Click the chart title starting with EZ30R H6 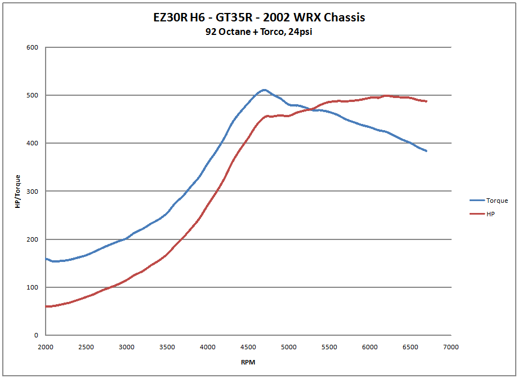click(259, 17)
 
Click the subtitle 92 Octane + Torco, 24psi click(259, 32)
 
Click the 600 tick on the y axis click(32, 47)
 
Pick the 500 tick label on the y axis click(32, 95)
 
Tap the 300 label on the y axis click(32, 192)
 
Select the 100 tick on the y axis click(32, 287)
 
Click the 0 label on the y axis click(35, 336)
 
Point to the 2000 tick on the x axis click(46, 346)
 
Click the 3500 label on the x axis click(167, 346)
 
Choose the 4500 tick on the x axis click(248, 346)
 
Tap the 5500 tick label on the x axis click(329, 346)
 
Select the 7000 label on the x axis click(451, 346)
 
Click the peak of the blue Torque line click(264, 90)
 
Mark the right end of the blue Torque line click(427, 151)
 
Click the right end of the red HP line click(427, 101)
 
